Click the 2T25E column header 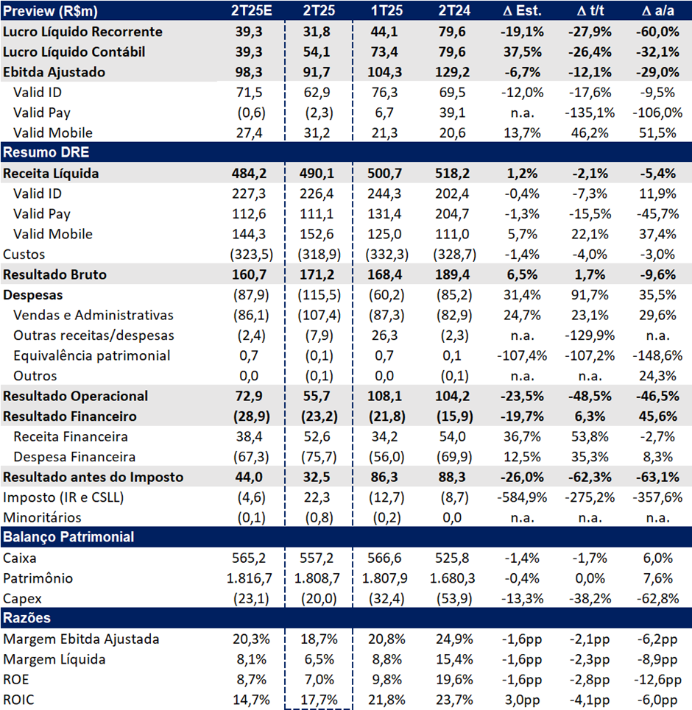(251, 10)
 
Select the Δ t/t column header (590, 10)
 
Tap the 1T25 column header (386, 10)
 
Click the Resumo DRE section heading (46, 152)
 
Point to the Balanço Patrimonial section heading (68, 537)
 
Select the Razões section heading (27, 618)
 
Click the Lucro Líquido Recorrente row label (82, 32)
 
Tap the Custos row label (24, 255)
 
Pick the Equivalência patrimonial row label (91, 356)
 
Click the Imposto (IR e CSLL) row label (63, 497)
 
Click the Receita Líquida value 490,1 (317, 174)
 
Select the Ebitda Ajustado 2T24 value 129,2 (452, 72)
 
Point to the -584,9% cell (522, 497)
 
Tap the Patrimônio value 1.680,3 (452, 578)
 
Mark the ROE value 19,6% (454, 680)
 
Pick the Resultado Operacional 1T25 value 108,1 (384, 397)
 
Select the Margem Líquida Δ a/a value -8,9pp (657, 659)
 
